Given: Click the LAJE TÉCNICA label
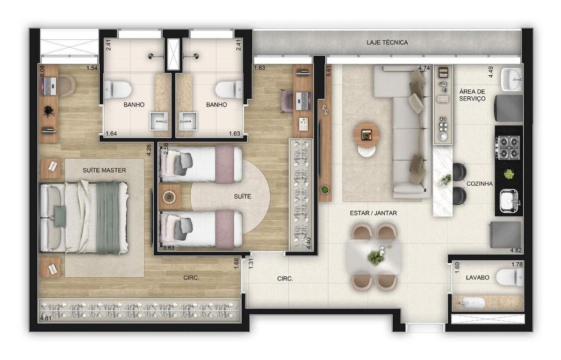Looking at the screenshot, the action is click(387, 43).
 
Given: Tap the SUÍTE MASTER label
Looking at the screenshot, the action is click(104, 170).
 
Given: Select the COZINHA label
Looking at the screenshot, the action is click(479, 184).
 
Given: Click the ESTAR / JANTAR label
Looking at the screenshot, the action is click(374, 213).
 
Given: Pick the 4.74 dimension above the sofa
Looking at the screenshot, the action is click(424, 68).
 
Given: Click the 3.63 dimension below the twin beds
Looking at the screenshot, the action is click(169, 248).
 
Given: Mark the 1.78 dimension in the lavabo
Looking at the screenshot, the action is click(517, 264).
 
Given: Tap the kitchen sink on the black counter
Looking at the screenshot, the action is click(509, 201).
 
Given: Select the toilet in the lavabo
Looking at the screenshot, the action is click(510, 277).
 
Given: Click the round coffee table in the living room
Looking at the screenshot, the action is click(367, 135).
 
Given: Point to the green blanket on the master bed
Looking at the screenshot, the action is click(108, 218).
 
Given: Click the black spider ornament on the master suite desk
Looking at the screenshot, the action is click(49, 111).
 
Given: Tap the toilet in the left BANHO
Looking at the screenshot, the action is click(117, 89).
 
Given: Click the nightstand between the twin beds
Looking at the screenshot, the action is click(170, 197).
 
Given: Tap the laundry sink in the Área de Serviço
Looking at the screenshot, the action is click(511, 79).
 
